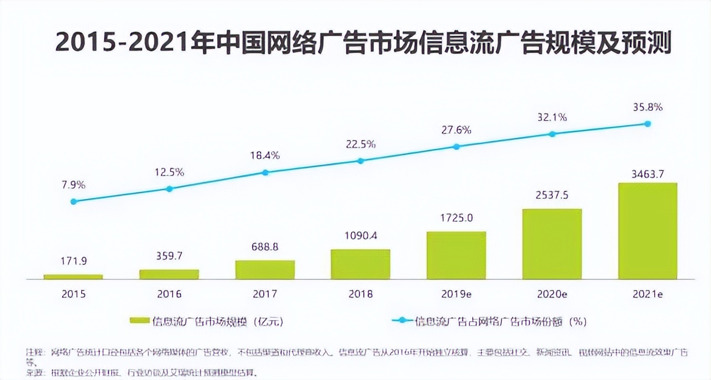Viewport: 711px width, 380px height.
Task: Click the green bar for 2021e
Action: pyautogui.click(x=647, y=231)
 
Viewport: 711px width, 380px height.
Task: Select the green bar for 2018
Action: pyautogui.click(x=360, y=264)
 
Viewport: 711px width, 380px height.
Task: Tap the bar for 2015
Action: pyautogui.click(x=73, y=276)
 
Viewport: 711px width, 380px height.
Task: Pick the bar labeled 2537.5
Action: pyautogui.click(x=552, y=244)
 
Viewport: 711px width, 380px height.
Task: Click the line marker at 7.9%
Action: pyautogui.click(x=73, y=201)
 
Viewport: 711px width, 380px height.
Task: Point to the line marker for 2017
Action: pyautogui.click(x=265, y=172)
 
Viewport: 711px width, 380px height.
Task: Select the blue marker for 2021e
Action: pyautogui.click(x=647, y=124)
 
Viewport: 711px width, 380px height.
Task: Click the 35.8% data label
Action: pyautogui.click(x=647, y=107)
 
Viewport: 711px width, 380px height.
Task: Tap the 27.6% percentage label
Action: pyautogui.click(x=456, y=130)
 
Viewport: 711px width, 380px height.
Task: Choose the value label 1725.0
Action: pyautogui.click(x=456, y=218)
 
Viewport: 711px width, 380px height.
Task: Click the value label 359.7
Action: pyautogui.click(x=169, y=256)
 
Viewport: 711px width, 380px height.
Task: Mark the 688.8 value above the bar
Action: pyautogui.click(x=265, y=247)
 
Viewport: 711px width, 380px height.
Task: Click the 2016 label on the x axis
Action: pyautogui.click(x=169, y=294)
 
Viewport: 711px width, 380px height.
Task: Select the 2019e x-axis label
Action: pyautogui.click(x=456, y=294)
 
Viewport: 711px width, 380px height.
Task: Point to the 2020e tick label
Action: pyautogui.click(x=552, y=294)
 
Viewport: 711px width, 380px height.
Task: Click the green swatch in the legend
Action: pyautogui.click(x=139, y=321)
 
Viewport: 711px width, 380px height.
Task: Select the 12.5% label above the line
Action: pyautogui.click(x=169, y=172)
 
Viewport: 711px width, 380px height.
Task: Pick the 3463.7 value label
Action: pyautogui.click(x=647, y=174)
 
